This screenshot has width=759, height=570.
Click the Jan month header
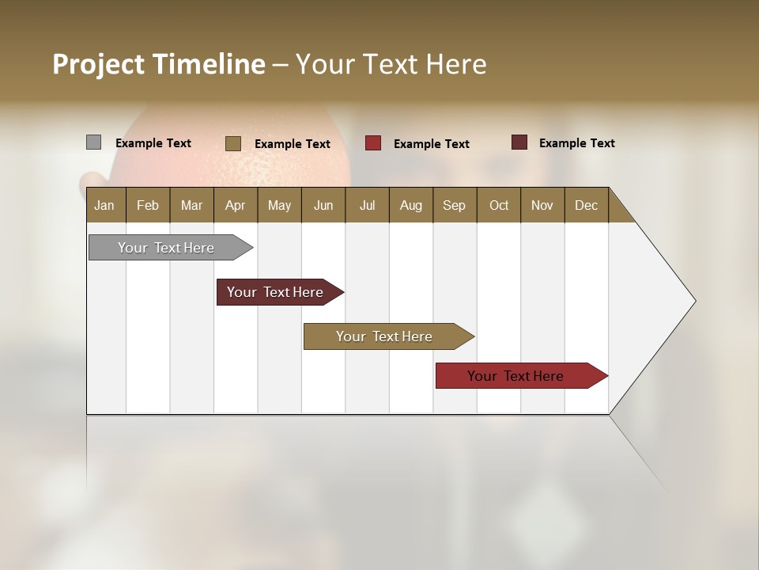click(x=104, y=205)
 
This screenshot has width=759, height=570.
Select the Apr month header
click(x=235, y=205)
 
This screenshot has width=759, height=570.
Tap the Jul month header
click(x=367, y=205)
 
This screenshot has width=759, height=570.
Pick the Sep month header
click(x=454, y=205)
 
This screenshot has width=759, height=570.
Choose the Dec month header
click(x=586, y=205)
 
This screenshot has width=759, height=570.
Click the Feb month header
click(x=148, y=205)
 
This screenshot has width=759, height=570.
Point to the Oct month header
click(x=499, y=205)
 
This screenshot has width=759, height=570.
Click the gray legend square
click(x=93, y=142)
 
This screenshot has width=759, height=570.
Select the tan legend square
click(x=232, y=143)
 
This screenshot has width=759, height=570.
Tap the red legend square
click(x=372, y=143)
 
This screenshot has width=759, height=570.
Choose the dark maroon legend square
click(x=519, y=142)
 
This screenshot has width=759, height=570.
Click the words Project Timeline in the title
click(x=159, y=64)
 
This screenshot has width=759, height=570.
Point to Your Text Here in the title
click(x=391, y=64)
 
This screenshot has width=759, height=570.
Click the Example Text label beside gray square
click(x=153, y=143)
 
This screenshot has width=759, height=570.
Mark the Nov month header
click(x=542, y=205)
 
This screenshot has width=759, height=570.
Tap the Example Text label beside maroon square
click(x=576, y=143)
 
